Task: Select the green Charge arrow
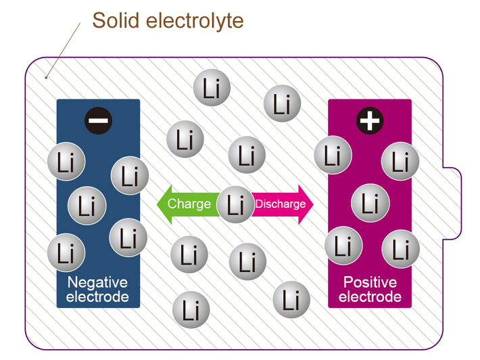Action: tap(185, 204)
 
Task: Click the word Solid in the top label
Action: tap(114, 20)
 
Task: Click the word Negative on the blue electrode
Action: tap(97, 282)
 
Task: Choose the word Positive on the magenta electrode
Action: tap(370, 282)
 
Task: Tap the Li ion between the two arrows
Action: tap(235, 204)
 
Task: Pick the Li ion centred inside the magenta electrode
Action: tap(370, 202)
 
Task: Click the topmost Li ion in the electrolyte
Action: tap(212, 89)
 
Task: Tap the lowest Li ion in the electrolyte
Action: tap(191, 311)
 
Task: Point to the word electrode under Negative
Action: tap(97, 297)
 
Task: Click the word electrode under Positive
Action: tap(370, 297)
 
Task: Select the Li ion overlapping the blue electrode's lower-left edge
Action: tap(66, 252)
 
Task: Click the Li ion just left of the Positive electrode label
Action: tap(291, 299)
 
